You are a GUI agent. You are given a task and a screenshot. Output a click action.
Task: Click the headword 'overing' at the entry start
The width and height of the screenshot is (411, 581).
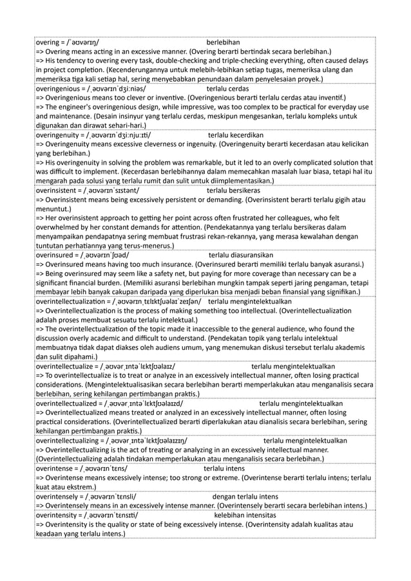click(50, 41)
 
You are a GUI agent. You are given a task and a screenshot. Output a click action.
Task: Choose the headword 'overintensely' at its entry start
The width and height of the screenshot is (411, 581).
click(58, 497)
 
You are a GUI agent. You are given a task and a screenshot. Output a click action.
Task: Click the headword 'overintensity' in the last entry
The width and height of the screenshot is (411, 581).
click(58, 515)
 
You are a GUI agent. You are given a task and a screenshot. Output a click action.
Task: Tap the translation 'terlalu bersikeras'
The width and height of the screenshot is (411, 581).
click(234, 190)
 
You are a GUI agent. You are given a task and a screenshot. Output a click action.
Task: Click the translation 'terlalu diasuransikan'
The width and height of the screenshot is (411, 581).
click(241, 255)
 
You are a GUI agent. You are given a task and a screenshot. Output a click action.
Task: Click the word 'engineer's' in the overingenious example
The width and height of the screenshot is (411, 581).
click(76, 107)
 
